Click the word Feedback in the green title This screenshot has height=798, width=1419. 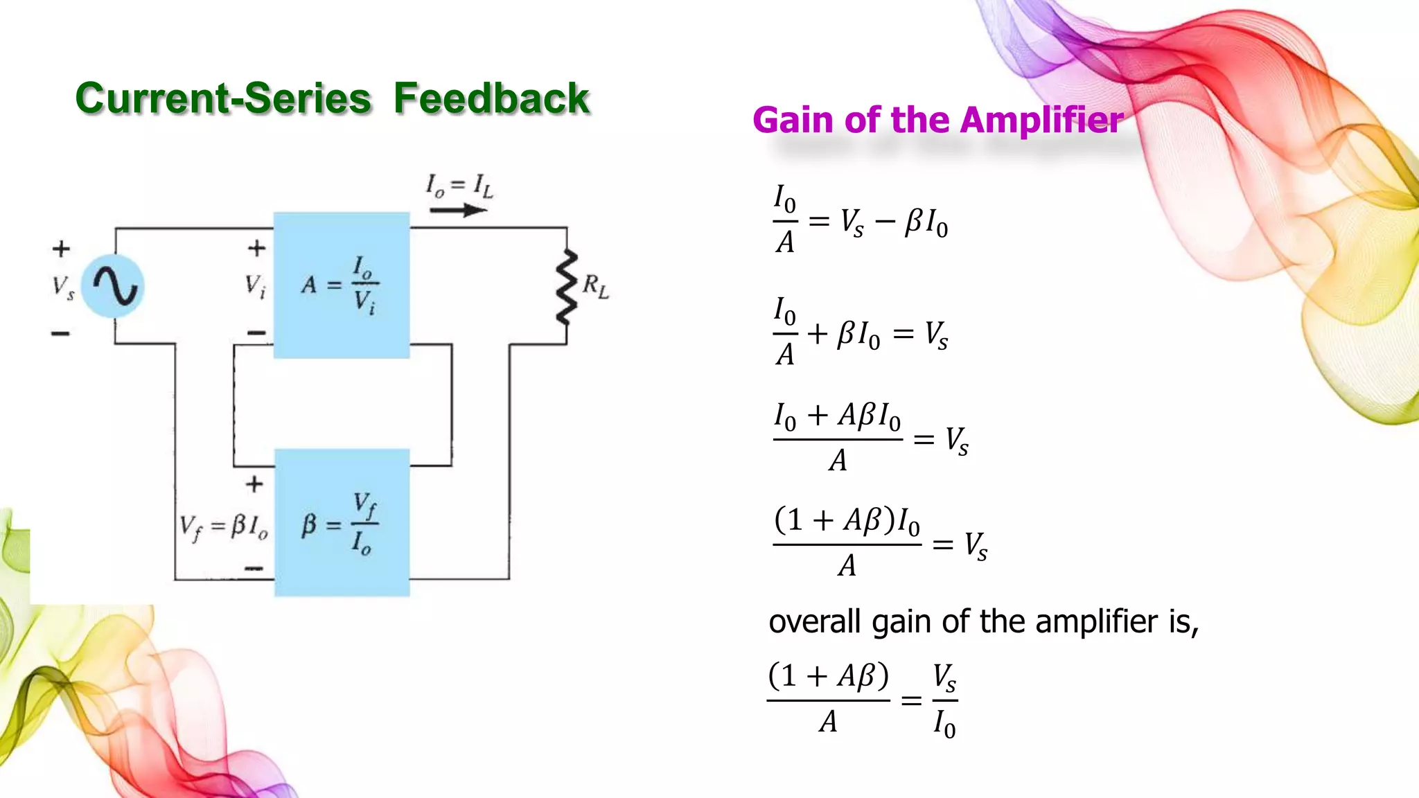point(491,98)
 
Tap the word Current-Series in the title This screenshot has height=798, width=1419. point(223,98)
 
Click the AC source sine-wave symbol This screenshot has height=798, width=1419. point(113,285)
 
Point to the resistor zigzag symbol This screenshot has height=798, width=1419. point(567,287)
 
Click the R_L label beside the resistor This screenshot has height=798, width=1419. point(595,285)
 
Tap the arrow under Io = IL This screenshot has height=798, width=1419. point(457,209)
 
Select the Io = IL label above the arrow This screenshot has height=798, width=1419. point(459,186)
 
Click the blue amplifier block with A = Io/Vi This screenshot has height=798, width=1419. point(342,285)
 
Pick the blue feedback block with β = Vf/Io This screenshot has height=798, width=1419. point(342,523)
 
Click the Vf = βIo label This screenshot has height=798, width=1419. point(223,527)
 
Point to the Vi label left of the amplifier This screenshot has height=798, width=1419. point(254,285)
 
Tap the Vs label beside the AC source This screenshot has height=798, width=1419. point(63,286)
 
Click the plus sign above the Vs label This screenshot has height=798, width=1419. point(61,248)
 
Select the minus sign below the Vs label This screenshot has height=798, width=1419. point(60,334)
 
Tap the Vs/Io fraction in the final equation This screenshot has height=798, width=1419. point(944,700)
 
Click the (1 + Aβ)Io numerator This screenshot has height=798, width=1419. point(847,521)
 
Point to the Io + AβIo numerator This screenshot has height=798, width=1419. point(837,416)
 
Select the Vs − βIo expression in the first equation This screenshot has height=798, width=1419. point(894,223)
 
